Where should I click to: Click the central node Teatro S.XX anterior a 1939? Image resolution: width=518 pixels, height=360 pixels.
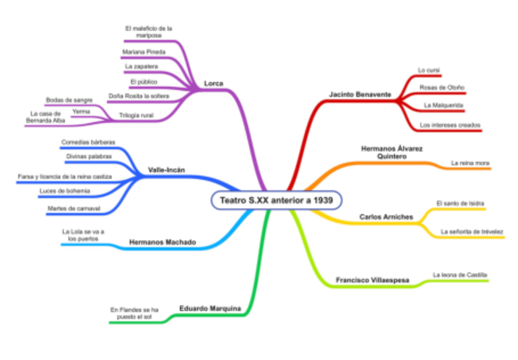[x=276, y=200]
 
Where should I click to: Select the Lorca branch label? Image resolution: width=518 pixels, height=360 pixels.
[x=214, y=83]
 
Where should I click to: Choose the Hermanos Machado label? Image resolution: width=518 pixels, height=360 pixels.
[x=162, y=242]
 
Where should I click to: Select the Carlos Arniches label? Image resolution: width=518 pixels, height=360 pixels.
[x=386, y=216]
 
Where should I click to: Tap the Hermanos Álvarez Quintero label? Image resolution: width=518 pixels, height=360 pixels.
[x=392, y=152]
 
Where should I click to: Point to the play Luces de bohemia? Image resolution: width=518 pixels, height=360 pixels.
[x=64, y=191]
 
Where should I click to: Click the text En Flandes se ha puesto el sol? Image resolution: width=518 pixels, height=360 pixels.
[x=130, y=313]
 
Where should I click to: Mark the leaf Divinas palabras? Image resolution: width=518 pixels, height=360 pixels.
[x=85, y=156]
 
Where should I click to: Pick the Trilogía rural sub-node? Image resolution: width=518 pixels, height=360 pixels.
[x=136, y=115]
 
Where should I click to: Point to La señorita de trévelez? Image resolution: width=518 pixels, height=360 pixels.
[x=472, y=231]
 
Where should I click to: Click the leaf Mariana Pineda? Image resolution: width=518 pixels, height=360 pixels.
[x=144, y=52]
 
